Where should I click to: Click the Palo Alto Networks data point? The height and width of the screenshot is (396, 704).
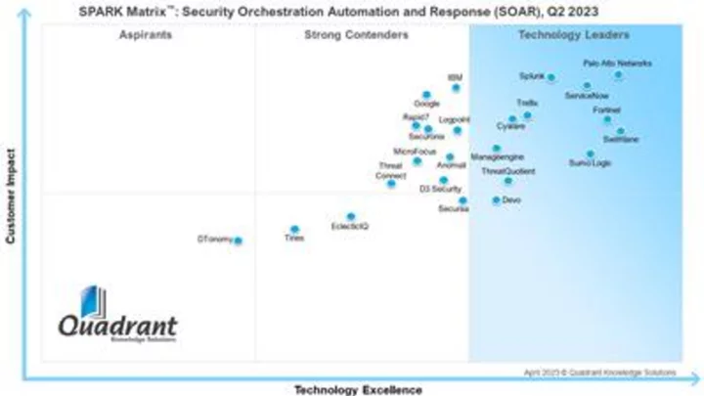618,74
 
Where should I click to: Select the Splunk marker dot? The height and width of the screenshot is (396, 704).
550,77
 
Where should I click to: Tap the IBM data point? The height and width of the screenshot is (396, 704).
456,88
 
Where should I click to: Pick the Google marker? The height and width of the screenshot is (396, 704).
426,95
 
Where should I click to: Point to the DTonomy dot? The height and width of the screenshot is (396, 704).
238,241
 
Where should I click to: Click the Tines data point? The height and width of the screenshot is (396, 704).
294,230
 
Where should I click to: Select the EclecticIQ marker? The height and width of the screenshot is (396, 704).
351,217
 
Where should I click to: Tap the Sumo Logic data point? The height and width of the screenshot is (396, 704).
590,154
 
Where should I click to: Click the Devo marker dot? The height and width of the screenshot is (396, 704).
497,199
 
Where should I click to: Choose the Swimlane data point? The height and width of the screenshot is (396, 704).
620,130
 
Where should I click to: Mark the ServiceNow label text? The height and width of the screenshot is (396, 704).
586,96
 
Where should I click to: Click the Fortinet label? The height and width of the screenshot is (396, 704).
606,110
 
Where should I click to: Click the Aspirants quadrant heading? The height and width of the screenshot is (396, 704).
146,35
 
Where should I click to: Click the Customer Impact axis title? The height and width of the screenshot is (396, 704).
12,196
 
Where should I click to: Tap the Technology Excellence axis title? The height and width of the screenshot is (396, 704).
359,389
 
